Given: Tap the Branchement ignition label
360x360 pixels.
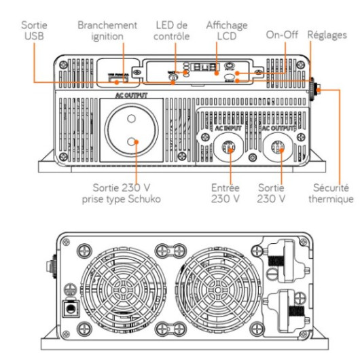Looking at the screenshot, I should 107,30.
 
